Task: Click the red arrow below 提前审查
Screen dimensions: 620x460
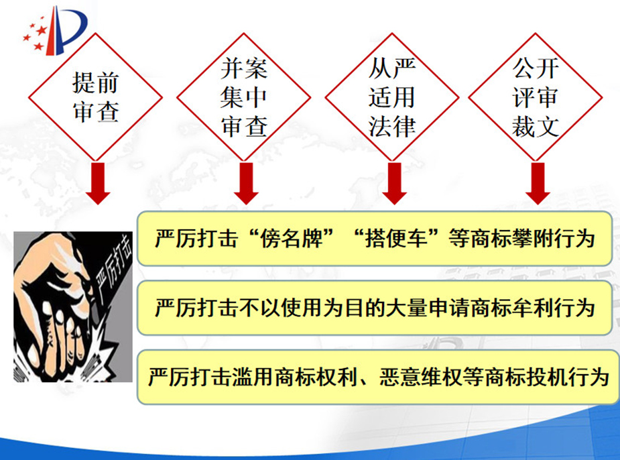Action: click(x=98, y=184)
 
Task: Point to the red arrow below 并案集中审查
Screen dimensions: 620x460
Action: click(x=246, y=184)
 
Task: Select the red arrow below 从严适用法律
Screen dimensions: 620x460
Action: click(x=394, y=184)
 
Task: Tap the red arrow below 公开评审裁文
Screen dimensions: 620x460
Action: click(x=538, y=184)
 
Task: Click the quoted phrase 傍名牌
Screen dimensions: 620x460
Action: click(x=292, y=239)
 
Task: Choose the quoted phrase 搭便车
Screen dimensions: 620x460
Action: click(x=397, y=239)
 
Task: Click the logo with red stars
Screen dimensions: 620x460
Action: click(x=56, y=31)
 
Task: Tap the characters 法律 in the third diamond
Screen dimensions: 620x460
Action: click(x=392, y=127)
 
